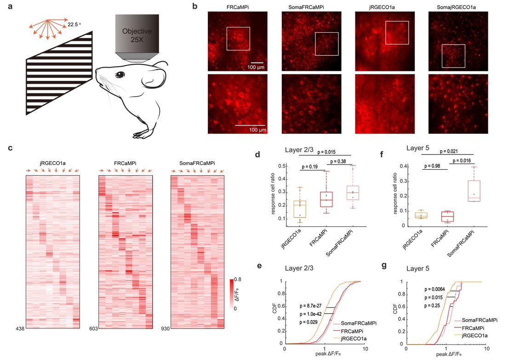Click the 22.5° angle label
75,24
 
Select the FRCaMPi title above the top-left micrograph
237,7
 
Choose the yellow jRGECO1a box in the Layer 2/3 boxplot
299,203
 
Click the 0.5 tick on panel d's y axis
286,166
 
